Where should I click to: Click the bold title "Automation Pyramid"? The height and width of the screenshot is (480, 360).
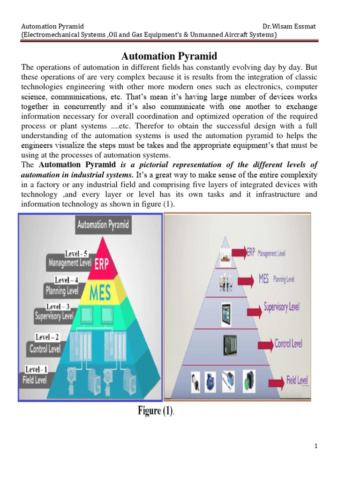169,56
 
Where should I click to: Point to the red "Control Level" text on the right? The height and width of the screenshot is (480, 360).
288,344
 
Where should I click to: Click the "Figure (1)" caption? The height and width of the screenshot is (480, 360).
155,412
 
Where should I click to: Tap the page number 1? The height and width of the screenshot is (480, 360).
315,446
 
